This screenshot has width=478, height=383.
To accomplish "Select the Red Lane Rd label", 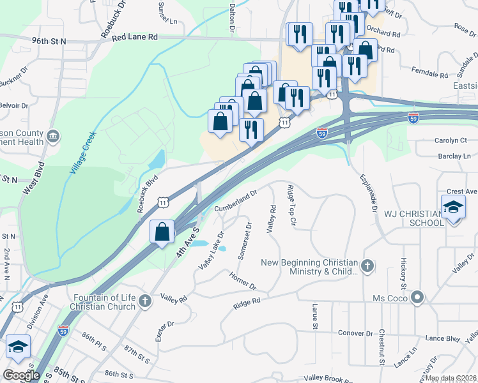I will tap(134, 38).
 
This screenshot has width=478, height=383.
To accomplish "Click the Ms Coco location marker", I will tap(418, 297).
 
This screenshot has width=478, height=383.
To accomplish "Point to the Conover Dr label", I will tap(356, 333).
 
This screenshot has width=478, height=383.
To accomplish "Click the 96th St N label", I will tap(49, 41).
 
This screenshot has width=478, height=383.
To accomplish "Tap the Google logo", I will tap(21, 375).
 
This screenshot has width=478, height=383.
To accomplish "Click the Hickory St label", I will tap(404, 271).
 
